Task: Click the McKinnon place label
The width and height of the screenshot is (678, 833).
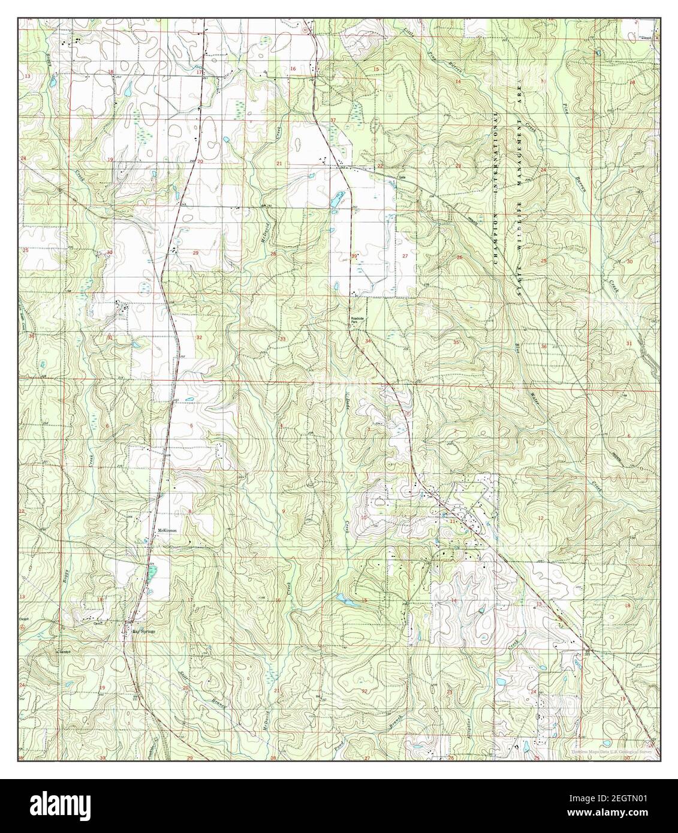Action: pos(166,530)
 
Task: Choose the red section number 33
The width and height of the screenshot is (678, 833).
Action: pos(282,339)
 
